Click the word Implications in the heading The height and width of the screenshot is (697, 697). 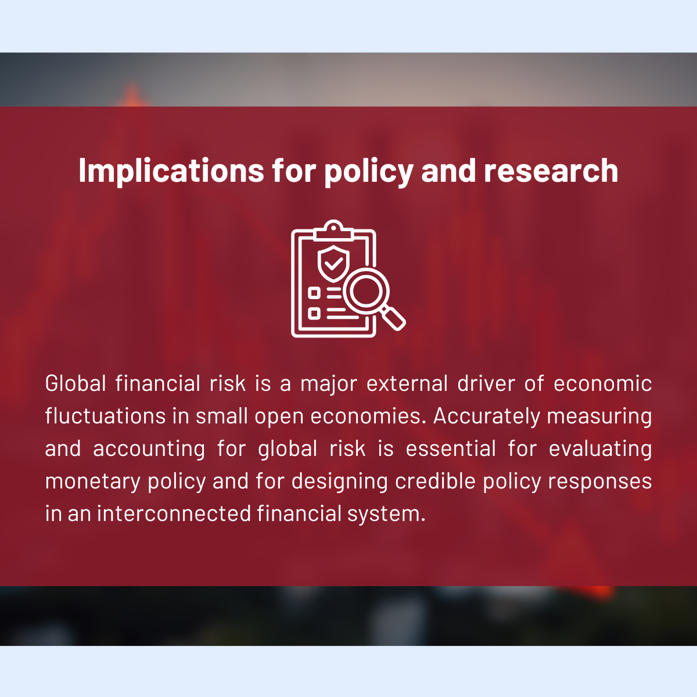171,171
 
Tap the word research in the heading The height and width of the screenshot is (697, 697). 551,171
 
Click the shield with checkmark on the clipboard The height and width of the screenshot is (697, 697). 333,264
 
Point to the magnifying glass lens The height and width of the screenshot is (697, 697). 366,291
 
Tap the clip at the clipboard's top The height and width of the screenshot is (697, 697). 333,231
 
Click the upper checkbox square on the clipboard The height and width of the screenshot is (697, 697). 314,293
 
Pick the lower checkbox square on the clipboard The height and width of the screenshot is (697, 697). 314,313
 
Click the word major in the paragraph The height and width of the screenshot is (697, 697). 329,383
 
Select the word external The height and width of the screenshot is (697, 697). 407,383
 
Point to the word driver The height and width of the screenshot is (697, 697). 486,383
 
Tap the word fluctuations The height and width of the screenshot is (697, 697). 105,416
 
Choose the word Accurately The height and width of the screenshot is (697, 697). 487,416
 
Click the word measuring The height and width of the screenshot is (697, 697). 599,416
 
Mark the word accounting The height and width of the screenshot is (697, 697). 149,449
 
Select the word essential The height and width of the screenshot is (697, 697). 451,448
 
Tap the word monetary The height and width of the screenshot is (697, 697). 93,482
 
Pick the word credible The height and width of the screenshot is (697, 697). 436,481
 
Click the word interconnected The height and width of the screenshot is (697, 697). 174,513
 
